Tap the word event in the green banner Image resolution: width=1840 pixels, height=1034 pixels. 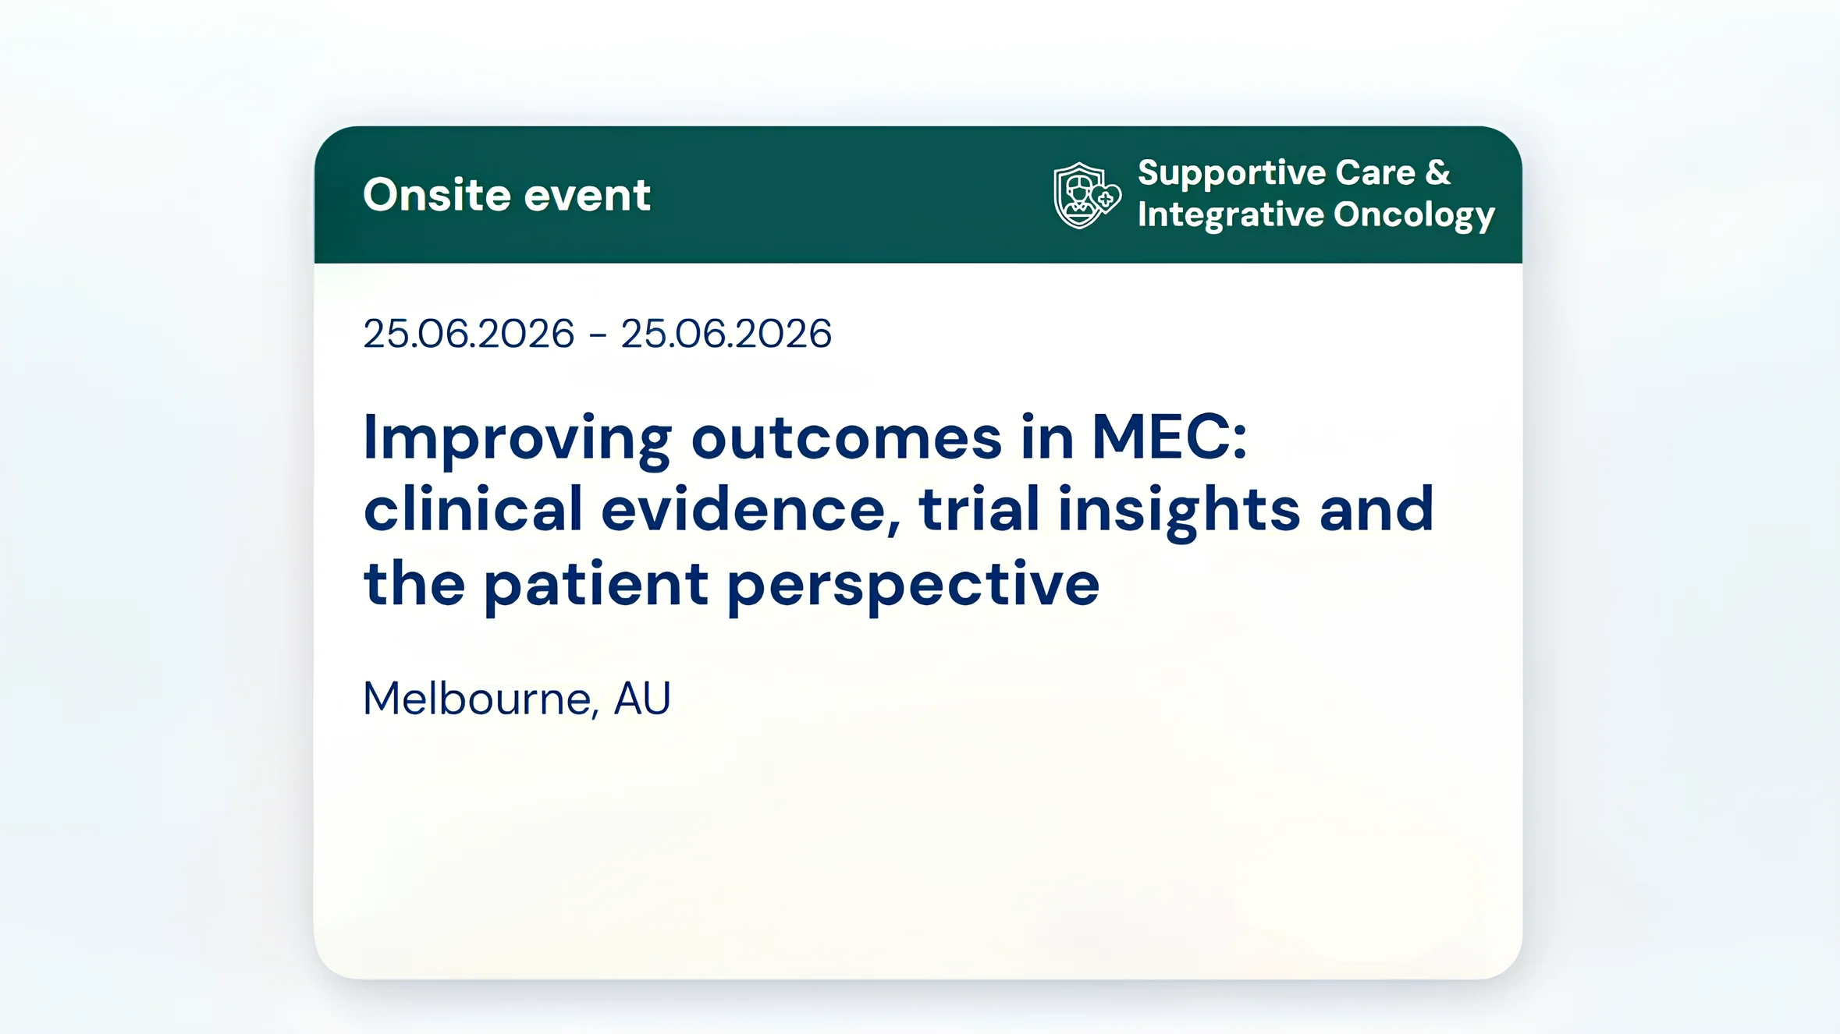coord(587,195)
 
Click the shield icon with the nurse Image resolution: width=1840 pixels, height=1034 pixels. coord(1085,196)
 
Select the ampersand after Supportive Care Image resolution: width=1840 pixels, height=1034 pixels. coord(1437,172)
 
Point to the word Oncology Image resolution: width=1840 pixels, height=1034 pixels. coord(1413,215)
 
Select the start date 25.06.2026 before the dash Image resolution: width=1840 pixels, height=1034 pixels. coord(468,334)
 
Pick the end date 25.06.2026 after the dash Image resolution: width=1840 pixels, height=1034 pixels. coord(726,334)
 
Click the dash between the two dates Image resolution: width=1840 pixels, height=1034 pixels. coord(598,335)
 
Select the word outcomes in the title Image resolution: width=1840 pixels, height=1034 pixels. coord(846,438)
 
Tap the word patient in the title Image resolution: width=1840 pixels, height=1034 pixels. coord(595,584)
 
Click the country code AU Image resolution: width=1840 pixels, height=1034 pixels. coord(641,698)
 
